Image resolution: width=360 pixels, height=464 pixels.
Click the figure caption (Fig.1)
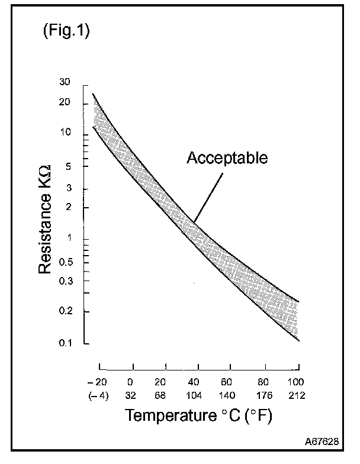click(66, 31)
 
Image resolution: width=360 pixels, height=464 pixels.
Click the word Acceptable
click(227, 158)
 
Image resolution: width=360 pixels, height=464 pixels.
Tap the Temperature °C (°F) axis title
click(198, 415)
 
